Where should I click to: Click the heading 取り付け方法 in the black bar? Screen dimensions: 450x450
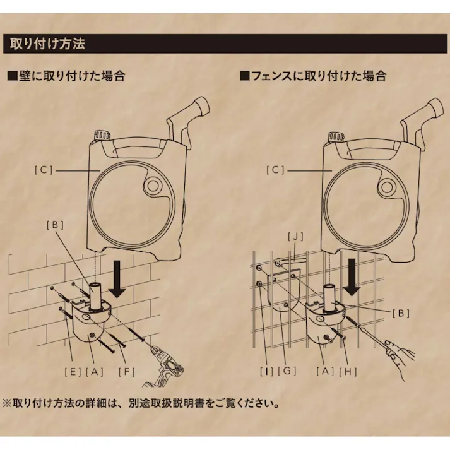47,44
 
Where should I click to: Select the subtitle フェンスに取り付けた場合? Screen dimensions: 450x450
313,76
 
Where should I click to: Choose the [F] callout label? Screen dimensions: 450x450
127,371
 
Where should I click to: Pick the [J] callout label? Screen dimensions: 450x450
294,237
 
